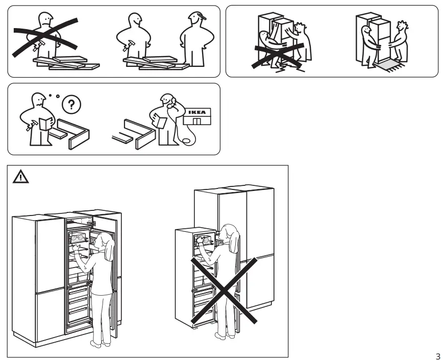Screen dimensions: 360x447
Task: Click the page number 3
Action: point(438,355)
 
